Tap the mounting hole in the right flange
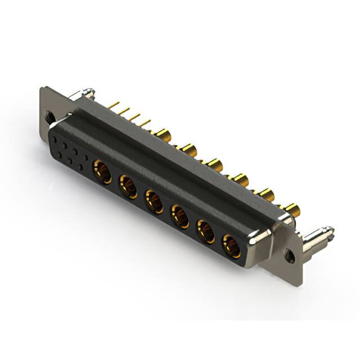pos(290,255)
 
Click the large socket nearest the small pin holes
pos(102,170)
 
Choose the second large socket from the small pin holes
pos(128,186)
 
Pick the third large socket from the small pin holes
pos(154,201)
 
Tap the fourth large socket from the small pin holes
pos(180,217)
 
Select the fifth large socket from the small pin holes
pos(205,231)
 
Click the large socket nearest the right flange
pos(231,246)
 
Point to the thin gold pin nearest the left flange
pos(113,105)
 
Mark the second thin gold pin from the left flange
pos(124,111)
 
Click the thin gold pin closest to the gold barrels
pos(145,122)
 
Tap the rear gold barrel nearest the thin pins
pos(163,134)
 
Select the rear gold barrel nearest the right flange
pos(292,210)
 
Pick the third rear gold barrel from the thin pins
pos(214,165)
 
